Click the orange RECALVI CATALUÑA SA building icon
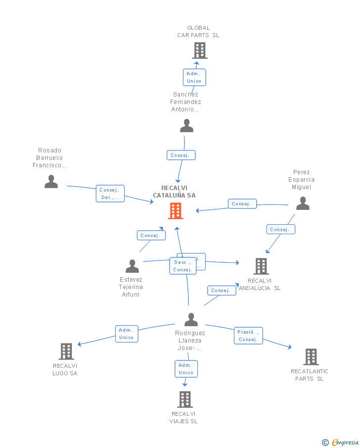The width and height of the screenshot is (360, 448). pos(176,211)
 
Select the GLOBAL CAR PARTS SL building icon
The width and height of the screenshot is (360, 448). pos(199,50)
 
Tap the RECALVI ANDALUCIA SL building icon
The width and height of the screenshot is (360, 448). pos(261,266)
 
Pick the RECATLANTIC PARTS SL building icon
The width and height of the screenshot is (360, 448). pos(311,356)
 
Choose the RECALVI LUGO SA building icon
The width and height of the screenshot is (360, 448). pos(66,351)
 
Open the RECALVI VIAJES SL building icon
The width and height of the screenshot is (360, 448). pos(184,399)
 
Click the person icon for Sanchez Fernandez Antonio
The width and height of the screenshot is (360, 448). pos(186,126)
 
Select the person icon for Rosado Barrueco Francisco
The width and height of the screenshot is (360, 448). pos(51,182)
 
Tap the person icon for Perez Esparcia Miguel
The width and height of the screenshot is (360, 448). pos(303,203)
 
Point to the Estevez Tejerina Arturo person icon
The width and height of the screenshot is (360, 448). pos(132,266)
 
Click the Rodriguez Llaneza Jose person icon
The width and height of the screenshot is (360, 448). pos(191,320)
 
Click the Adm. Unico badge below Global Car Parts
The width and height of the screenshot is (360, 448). pos(194,77)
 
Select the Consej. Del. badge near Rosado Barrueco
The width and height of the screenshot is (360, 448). pos(110,194)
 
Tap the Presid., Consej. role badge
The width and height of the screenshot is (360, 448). pos(248,336)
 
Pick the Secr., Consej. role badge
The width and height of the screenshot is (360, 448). pos(182,266)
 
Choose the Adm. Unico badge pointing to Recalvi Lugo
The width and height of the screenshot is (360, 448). pos(126,334)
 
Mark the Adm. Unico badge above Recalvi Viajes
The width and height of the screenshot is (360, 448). pos(186,369)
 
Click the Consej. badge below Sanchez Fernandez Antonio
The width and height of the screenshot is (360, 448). pos(181,155)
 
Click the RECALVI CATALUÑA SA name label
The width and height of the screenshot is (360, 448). pos(174,192)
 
